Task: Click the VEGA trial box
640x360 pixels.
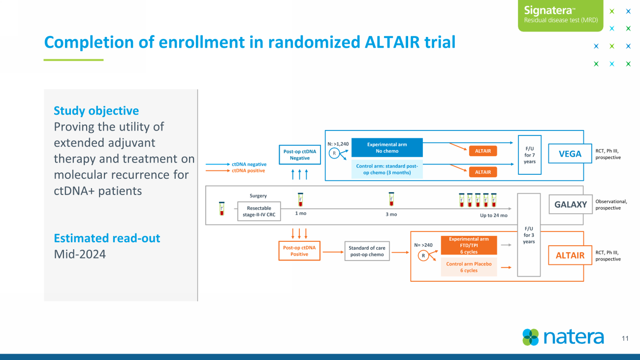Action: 570,154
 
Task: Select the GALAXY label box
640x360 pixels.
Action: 571,204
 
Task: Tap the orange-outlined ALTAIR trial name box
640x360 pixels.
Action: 570,255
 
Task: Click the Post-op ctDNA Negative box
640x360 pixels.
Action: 299,155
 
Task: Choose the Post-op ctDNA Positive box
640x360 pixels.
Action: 299,251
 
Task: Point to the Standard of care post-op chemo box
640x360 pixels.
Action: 367,251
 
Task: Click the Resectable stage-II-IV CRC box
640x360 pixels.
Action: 259,211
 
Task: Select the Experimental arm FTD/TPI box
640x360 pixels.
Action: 469,245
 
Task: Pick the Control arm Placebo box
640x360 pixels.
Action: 469,267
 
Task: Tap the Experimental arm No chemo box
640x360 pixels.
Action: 387,148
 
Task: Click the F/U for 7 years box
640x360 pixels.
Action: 530,155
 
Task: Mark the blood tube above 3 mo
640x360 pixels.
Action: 391,199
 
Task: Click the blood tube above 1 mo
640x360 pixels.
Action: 300,199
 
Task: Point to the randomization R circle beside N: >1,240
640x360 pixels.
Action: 335,154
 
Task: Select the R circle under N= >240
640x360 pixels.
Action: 423,256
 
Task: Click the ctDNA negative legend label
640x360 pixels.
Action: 249,164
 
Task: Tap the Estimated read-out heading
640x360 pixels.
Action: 107,238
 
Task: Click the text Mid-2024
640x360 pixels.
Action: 80,254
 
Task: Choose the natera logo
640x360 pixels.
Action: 563,337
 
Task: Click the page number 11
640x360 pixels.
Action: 625,338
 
